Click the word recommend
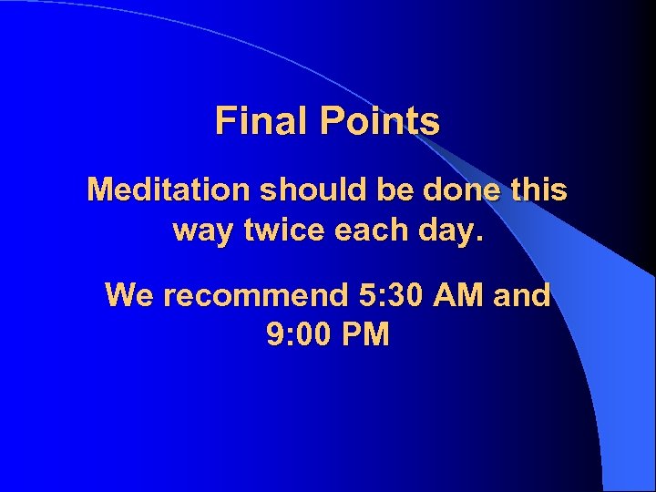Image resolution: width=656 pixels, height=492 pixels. [x=250, y=296]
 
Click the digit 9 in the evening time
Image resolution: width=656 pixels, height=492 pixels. [x=275, y=336]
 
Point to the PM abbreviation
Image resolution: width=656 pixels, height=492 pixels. [x=369, y=336]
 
